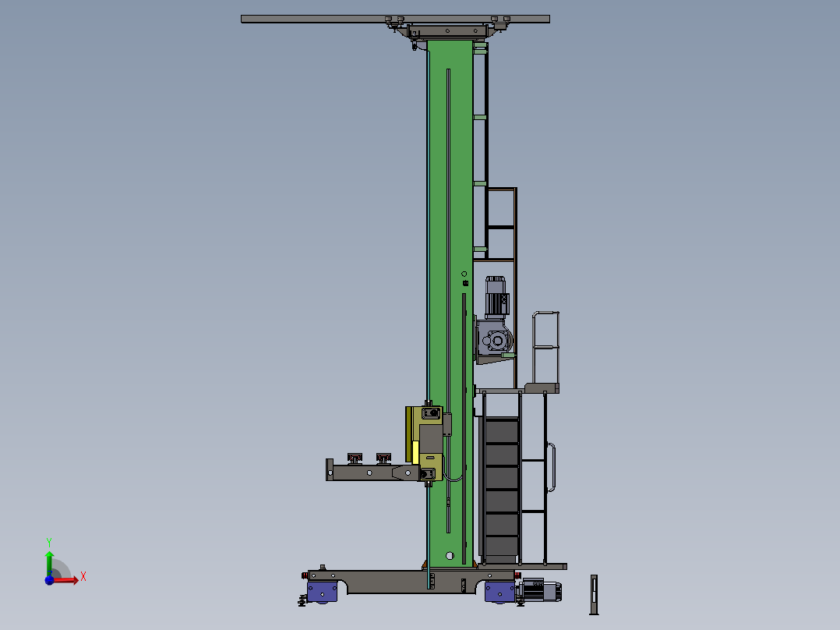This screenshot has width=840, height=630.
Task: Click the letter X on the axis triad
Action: tap(83, 577)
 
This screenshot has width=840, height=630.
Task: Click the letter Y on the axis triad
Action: tap(49, 543)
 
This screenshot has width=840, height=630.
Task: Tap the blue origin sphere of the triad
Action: tap(49, 580)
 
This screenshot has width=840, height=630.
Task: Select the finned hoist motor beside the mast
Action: tap(496, 297)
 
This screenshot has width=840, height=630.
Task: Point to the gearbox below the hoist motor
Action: tap(494, 338)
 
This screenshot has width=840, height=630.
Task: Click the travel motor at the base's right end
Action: tap(540, 590)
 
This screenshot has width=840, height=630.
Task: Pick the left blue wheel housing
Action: tap(322, 592)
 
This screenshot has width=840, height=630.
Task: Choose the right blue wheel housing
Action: tap(499, 592)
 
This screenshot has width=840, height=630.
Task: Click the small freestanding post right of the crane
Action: tap(594, 595)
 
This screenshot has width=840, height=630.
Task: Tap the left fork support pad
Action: tap(355, 458)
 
